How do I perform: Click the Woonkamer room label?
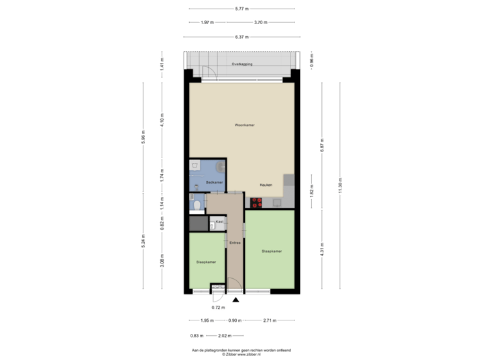(x=244, y=125)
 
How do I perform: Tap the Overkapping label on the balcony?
(x=241, y=64)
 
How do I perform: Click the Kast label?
(x=219, y=221)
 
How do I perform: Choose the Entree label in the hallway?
(x=235, y=243)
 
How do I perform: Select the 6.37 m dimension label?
(x=241, y=37)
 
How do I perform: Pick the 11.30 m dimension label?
(x=340, y=186)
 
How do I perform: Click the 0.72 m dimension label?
(x=217, y=307)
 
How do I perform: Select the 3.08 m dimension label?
(x=162, y=259)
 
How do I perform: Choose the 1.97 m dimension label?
(x=207, y=22)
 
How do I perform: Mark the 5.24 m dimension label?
(x=144, y=239)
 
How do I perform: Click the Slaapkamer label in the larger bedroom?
(x=272, y=251)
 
